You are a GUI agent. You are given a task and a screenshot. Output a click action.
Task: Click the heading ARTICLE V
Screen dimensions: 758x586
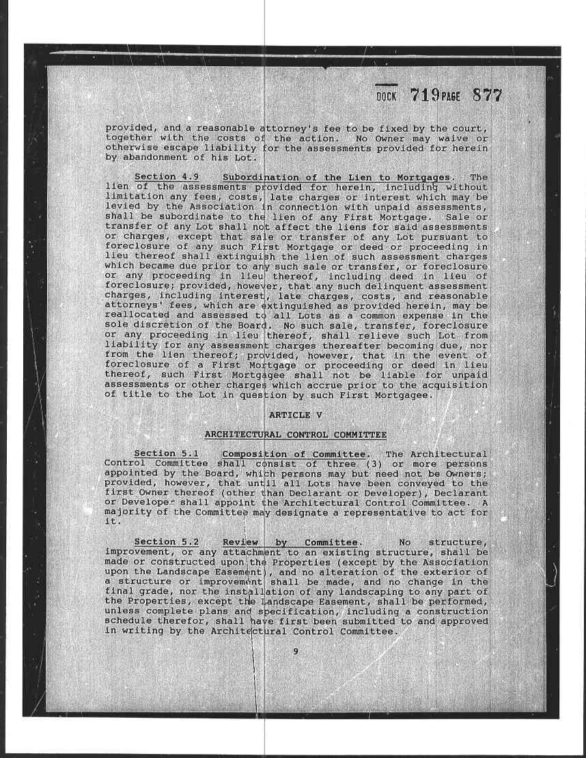coord(295,415)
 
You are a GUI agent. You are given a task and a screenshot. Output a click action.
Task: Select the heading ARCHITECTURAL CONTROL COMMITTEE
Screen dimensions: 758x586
coord(296,435)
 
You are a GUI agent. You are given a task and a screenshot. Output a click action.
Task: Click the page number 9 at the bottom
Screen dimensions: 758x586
coord(296,651)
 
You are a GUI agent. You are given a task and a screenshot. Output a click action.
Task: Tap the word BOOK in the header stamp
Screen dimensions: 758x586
coord(387,97)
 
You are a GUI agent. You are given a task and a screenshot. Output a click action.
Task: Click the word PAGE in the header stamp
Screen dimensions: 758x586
coord(451,97)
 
